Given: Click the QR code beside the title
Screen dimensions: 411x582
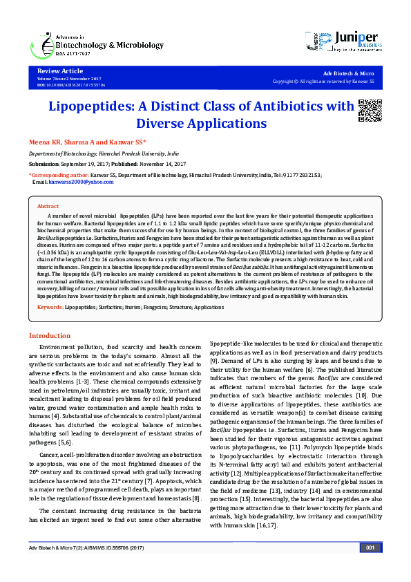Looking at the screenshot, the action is point(370,111).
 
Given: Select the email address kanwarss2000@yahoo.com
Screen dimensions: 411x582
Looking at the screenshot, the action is point(77,182).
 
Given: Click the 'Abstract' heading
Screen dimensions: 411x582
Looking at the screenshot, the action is point(48,207).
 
